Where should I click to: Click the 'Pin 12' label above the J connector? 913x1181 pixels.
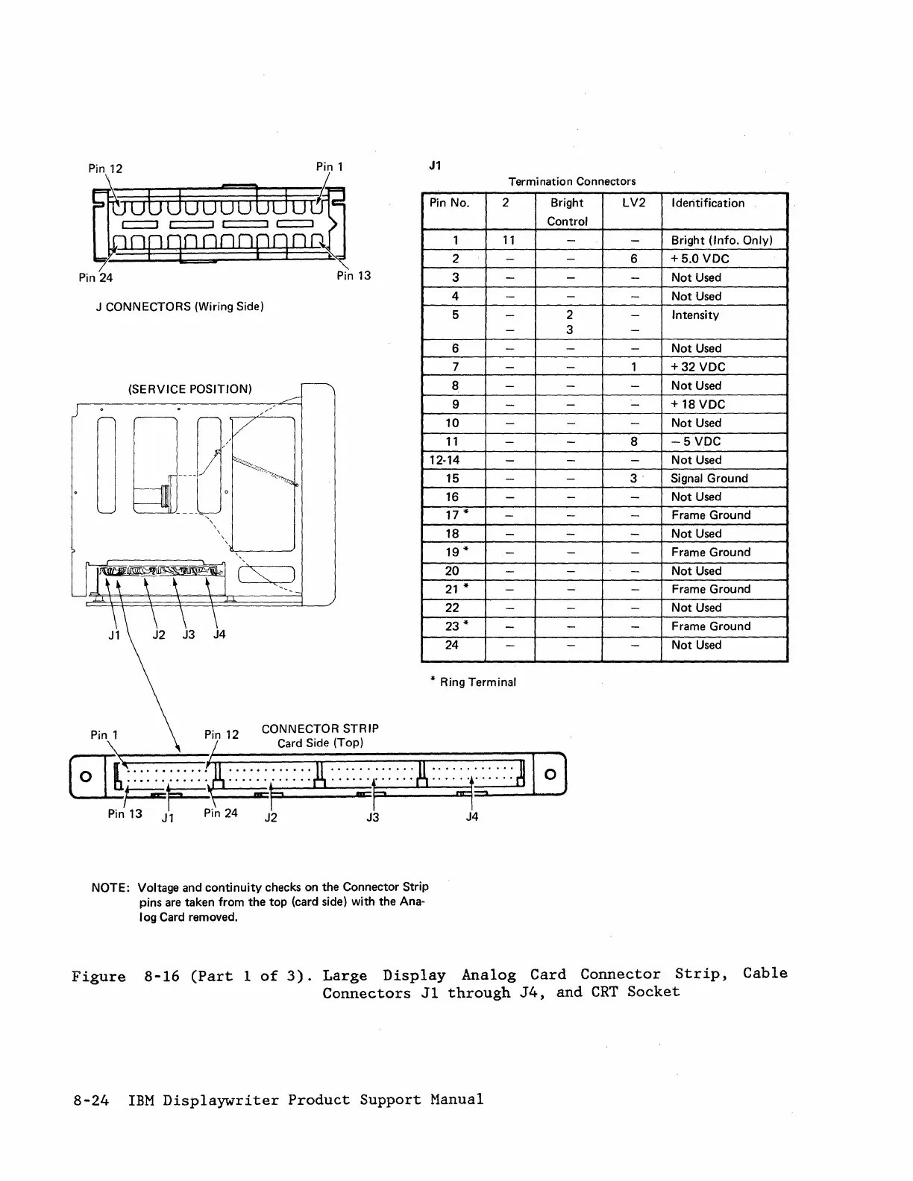[105, 169]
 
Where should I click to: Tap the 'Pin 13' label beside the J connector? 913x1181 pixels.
[354, 276]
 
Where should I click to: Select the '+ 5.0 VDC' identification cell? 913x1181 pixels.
[700, 259]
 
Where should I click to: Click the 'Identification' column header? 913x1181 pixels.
[708, 203]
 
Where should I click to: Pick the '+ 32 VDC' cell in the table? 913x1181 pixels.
[698, 367]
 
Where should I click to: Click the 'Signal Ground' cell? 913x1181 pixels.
[709, 479]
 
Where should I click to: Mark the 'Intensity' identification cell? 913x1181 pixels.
[695, 315]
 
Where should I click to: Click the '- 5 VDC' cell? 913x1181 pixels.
[696, 441]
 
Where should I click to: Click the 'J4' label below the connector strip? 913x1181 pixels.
[471, 816]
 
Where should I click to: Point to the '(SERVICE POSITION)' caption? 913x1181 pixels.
[190, 389]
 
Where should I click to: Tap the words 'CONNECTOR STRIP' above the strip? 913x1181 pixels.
[320, 728]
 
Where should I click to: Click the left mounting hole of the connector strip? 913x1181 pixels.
[87, 775]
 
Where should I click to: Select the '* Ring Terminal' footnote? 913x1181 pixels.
[477, 681]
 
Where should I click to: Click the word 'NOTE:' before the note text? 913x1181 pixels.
[111, 887]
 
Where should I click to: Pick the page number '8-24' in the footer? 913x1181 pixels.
[91, 1100]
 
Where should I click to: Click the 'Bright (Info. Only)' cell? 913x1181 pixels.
[721, 240]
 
